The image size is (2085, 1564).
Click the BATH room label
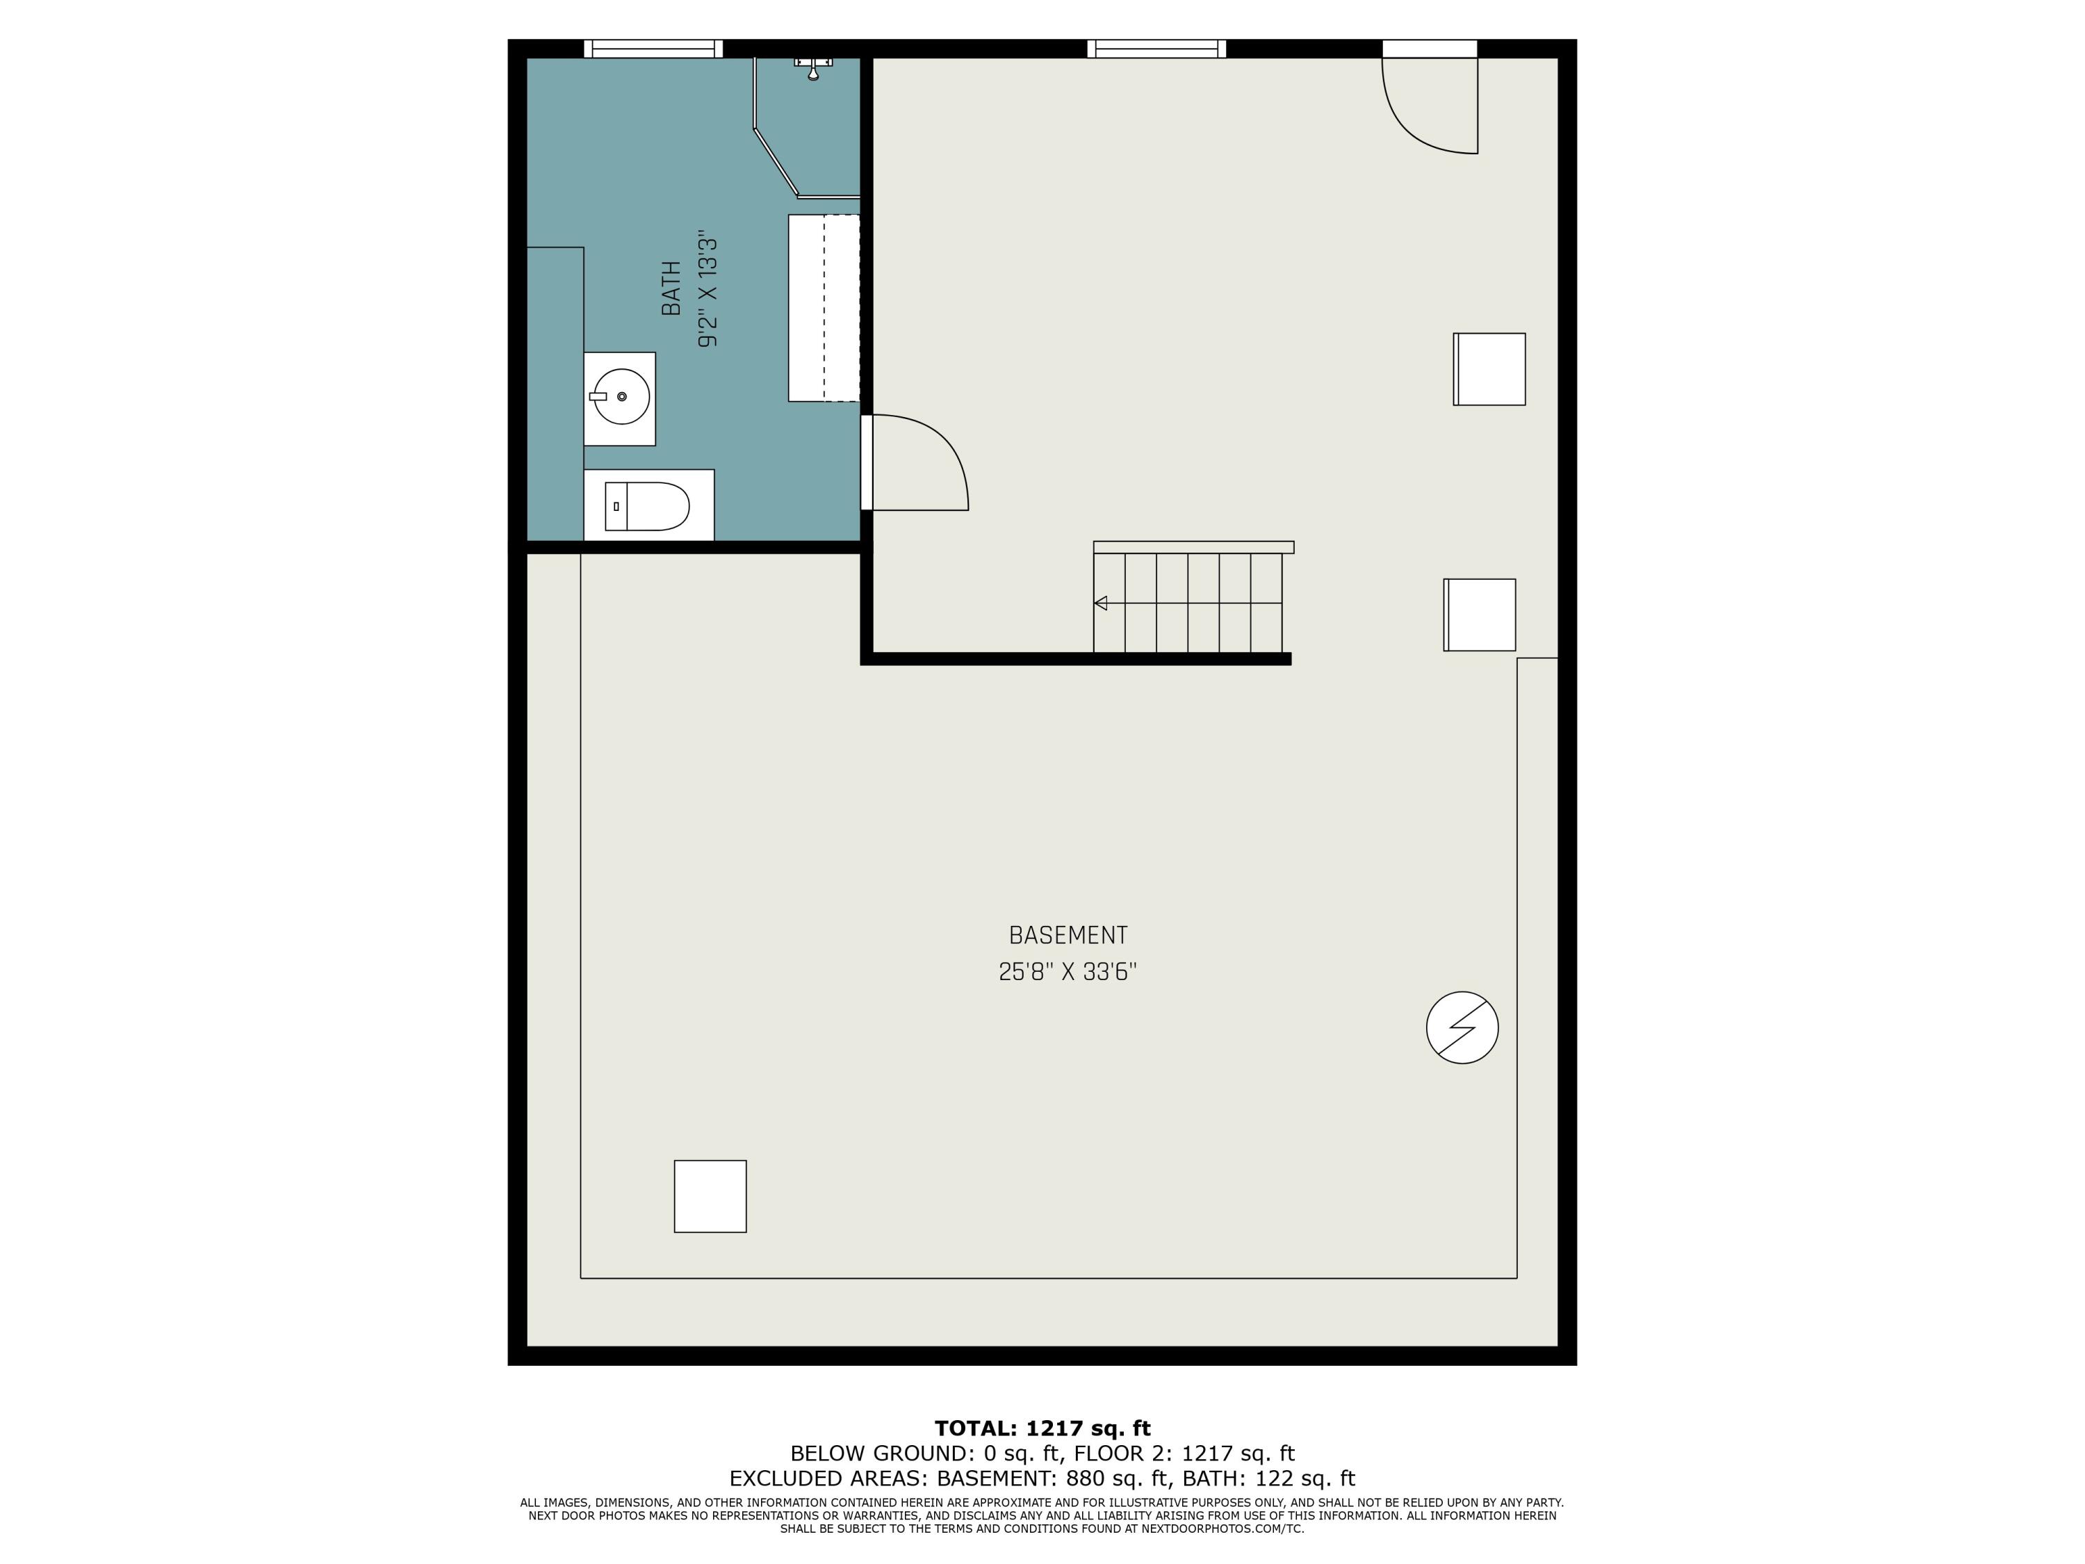pos(671,288)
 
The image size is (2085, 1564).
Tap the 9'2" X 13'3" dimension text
pos(708,292)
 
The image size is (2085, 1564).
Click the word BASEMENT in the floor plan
pos(1068,935)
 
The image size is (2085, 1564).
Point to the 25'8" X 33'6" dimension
pos(1068,972)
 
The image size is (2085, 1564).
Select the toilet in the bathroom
pos(646,506)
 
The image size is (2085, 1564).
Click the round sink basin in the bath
pos(622,397)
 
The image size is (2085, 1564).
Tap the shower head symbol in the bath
pos(813,68)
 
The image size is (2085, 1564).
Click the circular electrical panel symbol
pos(1462,1027)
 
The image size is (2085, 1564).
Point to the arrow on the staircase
pos(1101,603)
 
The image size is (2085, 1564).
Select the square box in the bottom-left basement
pos(710,1196)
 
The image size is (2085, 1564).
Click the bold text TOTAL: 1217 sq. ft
pos(1042,1428)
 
